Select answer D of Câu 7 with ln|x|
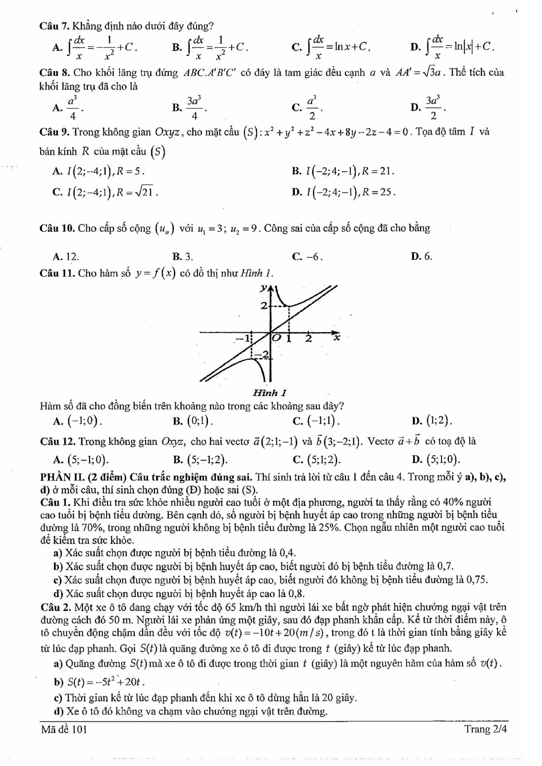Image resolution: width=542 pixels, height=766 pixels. pos(452,46)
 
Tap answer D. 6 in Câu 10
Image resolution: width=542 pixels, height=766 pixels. pos(421,257)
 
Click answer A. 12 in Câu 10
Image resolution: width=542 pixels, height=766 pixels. pos(66,257)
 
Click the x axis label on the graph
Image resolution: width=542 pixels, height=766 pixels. pos(337,338)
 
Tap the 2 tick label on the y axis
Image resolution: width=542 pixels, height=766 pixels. pos(263,306)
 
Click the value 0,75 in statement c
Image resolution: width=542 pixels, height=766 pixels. pos(476,580)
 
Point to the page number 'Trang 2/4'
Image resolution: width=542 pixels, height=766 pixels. pos(485,729)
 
